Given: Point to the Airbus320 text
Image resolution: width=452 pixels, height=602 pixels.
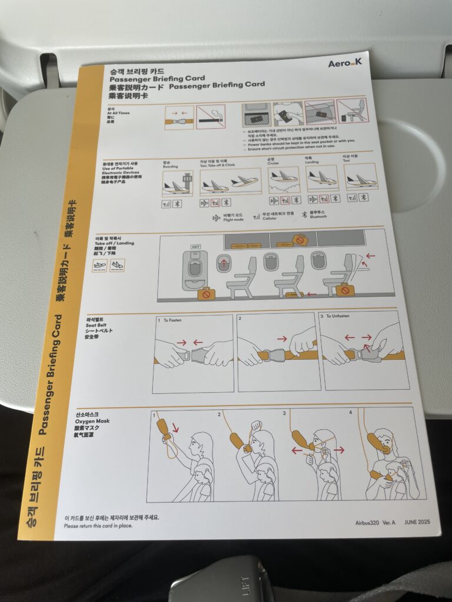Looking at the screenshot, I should [x=368, y=522].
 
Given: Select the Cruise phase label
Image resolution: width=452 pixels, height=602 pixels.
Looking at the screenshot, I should [x=271, y=163].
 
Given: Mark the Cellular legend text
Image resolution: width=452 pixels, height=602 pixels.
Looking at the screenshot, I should [x=271, y=218].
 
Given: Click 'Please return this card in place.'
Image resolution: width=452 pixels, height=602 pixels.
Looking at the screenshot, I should [x=98, y=526].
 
